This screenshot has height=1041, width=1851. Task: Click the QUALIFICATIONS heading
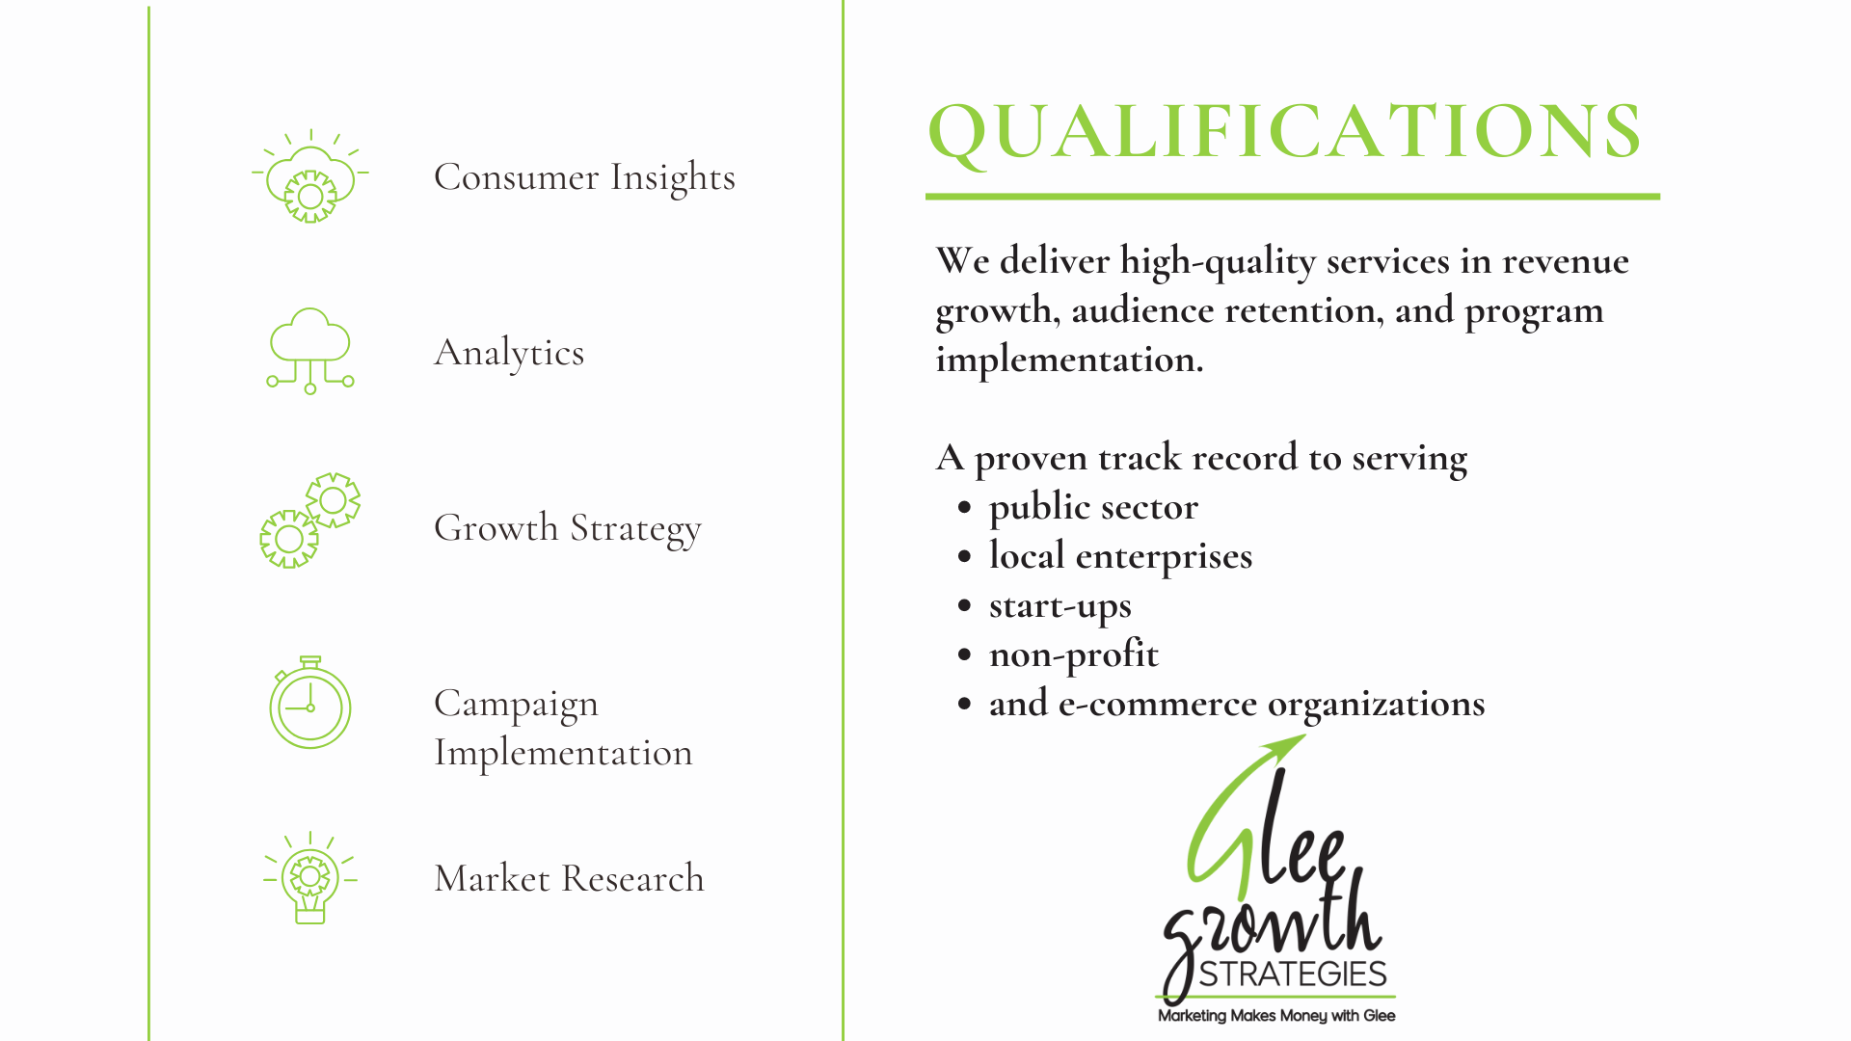point(1284,132)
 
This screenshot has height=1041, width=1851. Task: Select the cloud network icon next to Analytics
point(310,351)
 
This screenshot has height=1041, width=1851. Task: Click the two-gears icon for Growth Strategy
point(310,520)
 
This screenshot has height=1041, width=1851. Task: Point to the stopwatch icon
point(309,703)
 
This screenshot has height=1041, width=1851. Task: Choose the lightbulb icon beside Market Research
point(310,878)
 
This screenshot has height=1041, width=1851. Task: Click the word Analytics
point(509,354)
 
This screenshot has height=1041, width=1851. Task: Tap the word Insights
point(673,178)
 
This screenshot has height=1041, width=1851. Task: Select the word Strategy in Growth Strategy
point(635,529)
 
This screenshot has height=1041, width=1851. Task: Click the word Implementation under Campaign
point(563,753)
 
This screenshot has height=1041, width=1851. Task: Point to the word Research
point(632,878)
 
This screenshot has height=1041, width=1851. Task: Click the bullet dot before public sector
point(965,508)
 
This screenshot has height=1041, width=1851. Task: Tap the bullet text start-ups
point(1060,606)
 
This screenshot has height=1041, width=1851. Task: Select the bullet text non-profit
point(1074,654)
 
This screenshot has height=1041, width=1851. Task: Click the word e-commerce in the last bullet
point(1158,704)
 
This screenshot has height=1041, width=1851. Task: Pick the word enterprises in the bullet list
point(1164,557)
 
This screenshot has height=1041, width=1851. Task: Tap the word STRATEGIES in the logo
point(1293,974)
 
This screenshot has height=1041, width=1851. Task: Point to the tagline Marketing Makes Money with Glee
point(1276,1016)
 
